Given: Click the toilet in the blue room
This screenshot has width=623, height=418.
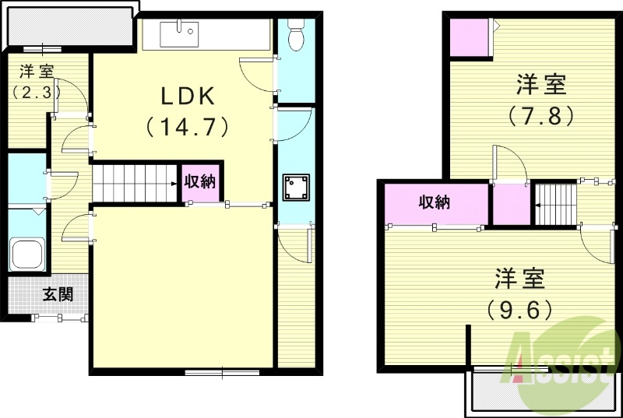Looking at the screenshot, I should (x=296, y=35).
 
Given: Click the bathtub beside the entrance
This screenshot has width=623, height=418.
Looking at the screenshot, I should (x=26, y=253).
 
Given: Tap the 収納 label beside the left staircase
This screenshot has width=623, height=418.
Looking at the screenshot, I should (x=200, y=182).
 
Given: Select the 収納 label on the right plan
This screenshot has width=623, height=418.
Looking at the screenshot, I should (x=435, y=203).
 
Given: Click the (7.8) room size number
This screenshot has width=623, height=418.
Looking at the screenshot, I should (x=541, y=115).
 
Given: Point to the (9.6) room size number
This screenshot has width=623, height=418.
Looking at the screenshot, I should (x=520, y=309).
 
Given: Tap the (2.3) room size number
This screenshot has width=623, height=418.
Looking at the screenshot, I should (x=36, y=92).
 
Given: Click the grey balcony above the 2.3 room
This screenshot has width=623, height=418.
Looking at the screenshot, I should (x=67, y=28).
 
